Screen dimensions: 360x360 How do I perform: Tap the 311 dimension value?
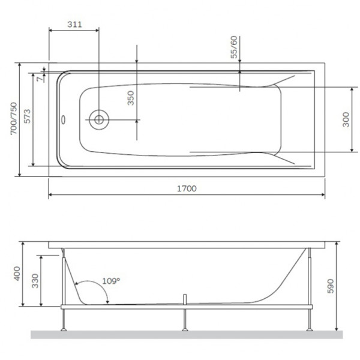74,25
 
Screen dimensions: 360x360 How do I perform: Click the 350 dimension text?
131,98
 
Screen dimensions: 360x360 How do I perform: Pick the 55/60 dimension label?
234,47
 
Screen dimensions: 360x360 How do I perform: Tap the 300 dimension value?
345,119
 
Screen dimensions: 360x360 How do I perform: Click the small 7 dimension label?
40,77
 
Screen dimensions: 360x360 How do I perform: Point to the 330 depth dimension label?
34,280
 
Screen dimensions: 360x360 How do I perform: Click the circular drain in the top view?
98,119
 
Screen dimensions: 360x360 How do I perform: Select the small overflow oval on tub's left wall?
64,118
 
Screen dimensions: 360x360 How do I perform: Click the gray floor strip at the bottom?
180,334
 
